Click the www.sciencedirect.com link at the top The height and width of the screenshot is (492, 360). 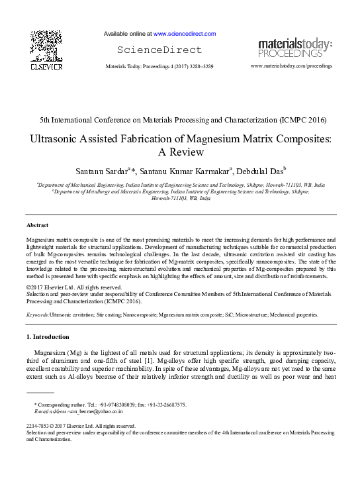point(185,33)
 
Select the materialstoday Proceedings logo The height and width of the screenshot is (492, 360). point(294,48)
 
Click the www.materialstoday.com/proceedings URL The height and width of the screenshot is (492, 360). point(292,67)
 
